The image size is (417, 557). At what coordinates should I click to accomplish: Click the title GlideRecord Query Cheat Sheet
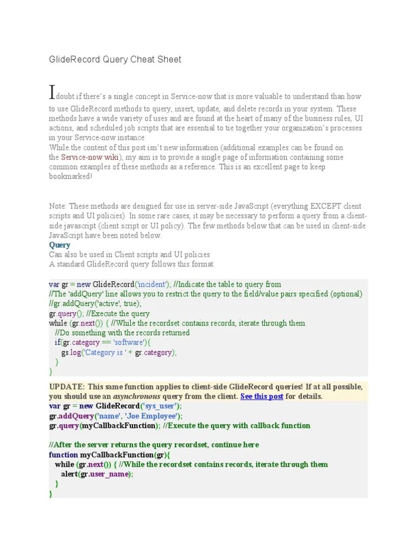pyautogui.click(x=115, y=59)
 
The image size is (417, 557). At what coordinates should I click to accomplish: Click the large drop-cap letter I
pyautogui.click(x=52, y=92)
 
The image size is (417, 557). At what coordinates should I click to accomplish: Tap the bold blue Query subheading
pyautogui.click(x=60, y=245)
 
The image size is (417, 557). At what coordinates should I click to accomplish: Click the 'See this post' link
pyautogui.click(x=262, y=397)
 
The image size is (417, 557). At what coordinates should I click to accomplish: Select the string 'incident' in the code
pyautogui.click(x=153, y=284)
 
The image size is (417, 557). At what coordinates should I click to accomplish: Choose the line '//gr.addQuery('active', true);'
pyautogui.click(x=96, y=304)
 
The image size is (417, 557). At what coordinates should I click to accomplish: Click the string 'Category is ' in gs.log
pyautogui.click(x=108, y=352)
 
